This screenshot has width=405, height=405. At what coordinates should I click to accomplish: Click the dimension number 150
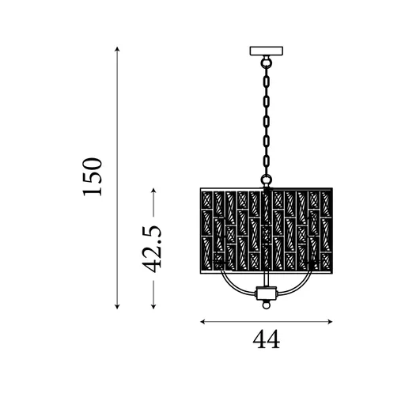tap(93, 177)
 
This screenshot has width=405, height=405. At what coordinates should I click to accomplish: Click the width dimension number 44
tap(267, 339)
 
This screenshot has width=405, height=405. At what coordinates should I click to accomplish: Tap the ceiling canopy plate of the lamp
tap(267, 52)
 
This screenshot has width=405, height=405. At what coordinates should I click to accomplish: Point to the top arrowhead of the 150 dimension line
tap(117, 50)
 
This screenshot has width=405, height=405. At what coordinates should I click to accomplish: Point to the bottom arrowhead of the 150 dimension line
tap(117, 306)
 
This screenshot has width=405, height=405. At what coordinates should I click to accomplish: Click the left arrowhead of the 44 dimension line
tap(203, 321)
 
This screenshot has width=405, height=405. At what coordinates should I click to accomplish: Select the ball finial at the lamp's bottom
tap(267, 301)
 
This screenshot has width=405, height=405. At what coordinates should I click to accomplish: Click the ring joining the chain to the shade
tap(267, 184)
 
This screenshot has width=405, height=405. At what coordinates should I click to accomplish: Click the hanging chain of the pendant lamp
tap(267, 119)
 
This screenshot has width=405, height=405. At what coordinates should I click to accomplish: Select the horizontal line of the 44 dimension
tap(267, 321)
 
